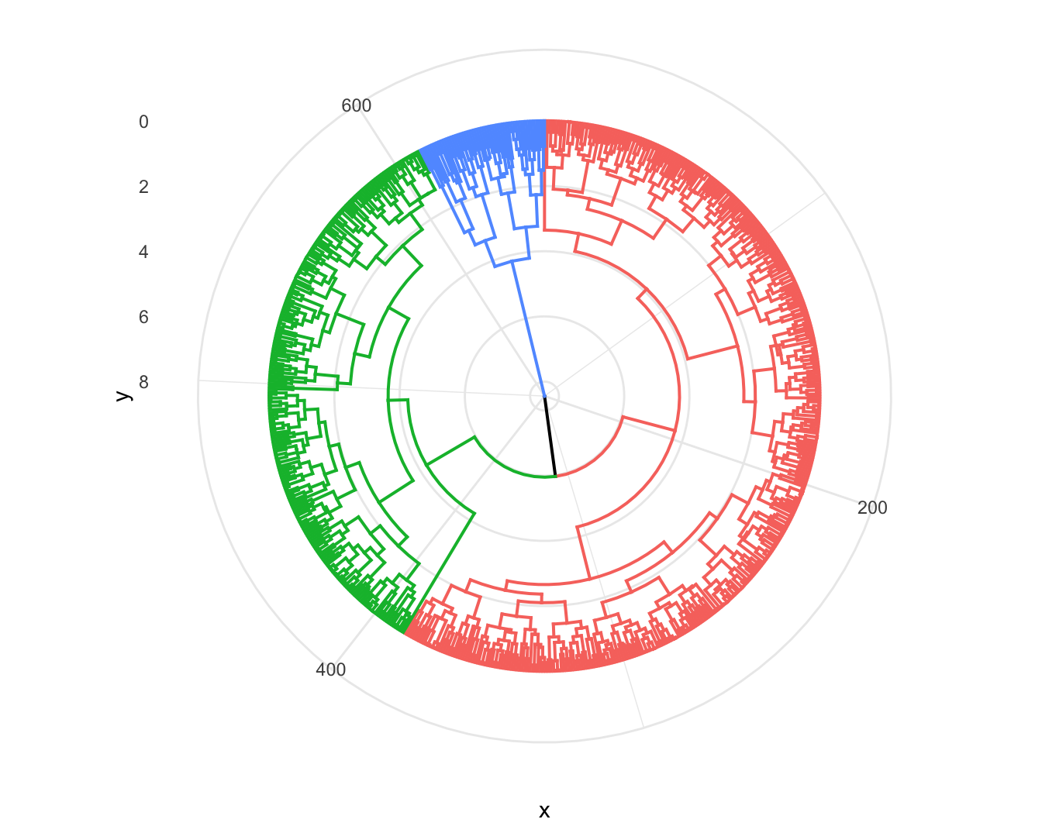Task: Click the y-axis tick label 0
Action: coord(143,122)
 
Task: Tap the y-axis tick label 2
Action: coord(143,187)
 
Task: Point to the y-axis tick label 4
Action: coord(143,252)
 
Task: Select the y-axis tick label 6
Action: coord(143,317)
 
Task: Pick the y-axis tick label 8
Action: coord(143,382)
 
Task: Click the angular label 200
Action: coord(872,508)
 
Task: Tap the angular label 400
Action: coord(331,669)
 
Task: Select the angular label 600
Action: coord(357,105)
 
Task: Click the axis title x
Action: coord(544,811)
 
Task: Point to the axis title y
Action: coord(122,395)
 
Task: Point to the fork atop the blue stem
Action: coord(512,261)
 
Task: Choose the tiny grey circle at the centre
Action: coord(544,396)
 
